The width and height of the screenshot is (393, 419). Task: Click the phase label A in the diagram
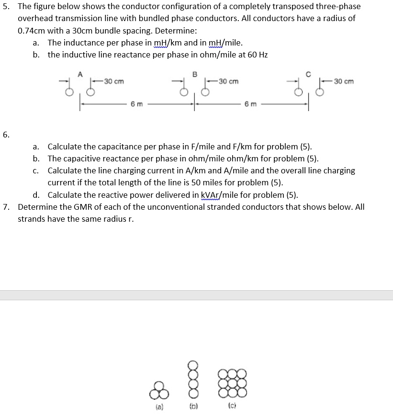80,74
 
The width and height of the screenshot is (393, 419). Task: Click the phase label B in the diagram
194,74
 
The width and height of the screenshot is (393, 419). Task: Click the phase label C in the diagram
309,74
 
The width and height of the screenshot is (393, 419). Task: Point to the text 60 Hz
258,54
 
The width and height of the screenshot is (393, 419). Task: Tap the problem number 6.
5,135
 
